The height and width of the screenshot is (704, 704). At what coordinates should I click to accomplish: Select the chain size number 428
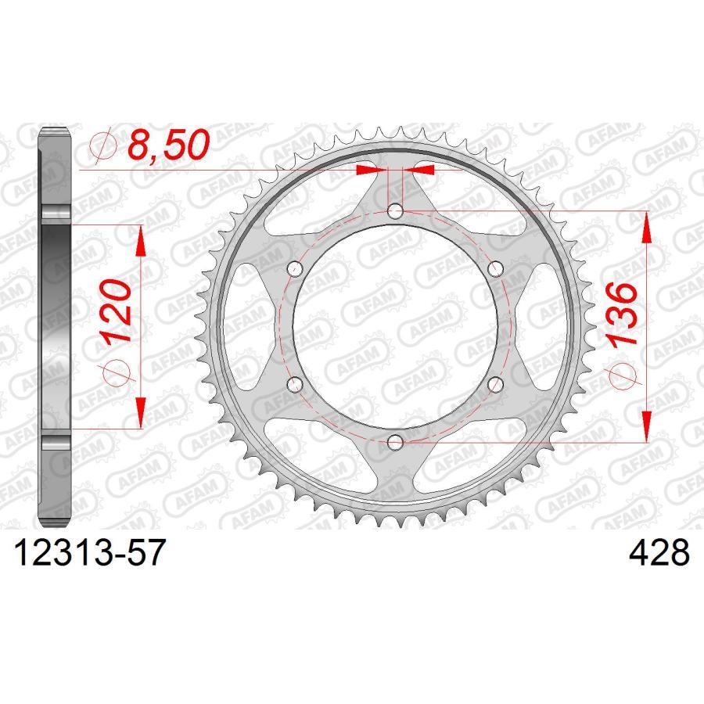659,554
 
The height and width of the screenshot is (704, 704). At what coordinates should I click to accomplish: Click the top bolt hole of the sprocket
396,211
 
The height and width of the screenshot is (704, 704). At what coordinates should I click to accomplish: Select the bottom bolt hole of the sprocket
396,443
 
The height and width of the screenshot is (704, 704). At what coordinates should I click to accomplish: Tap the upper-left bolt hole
296,269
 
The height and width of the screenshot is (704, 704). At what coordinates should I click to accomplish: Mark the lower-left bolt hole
296,385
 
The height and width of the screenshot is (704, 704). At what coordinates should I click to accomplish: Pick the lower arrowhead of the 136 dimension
646,426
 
